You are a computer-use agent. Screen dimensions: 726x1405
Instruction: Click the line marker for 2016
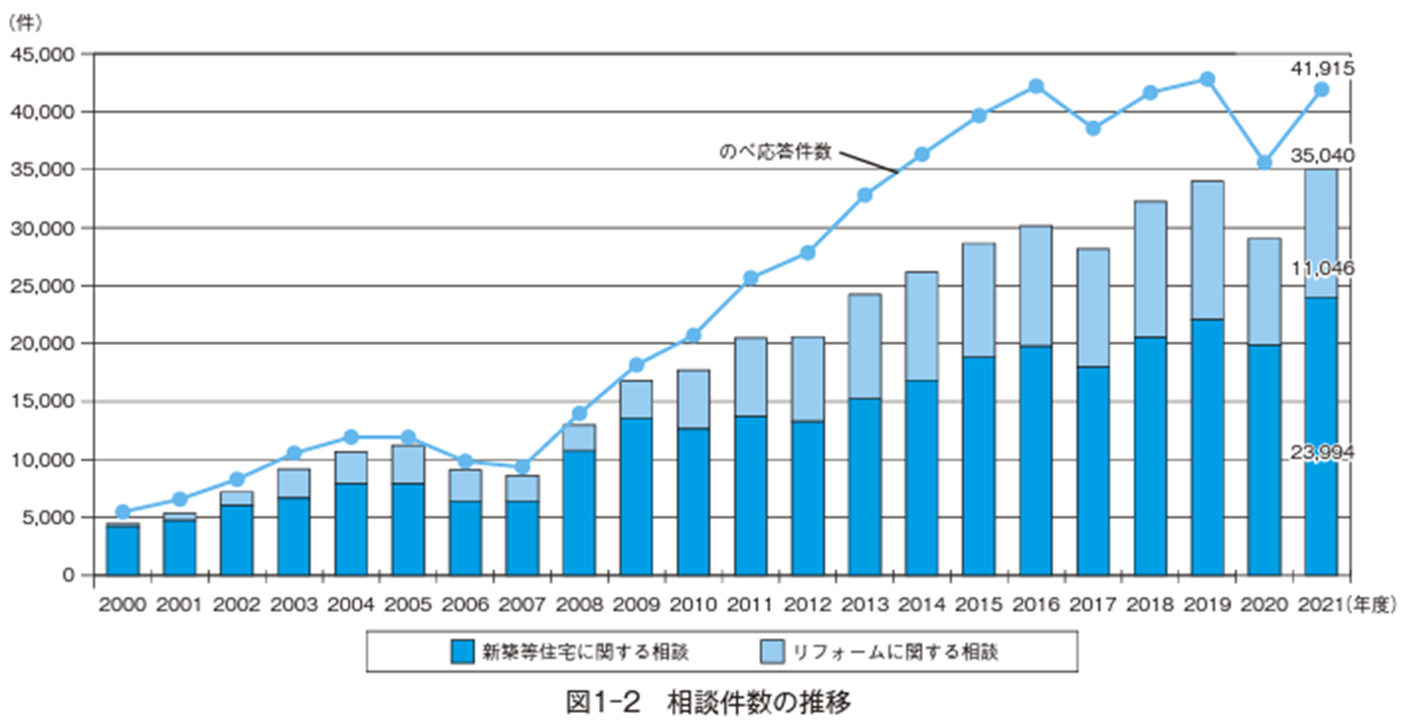pyautogui.click(x=1036, y=86)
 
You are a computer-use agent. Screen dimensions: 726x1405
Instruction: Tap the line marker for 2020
pyautogui.click(x=1264, y=162)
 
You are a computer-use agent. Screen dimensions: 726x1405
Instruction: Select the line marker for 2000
pyautogui.click(x=123, y=512)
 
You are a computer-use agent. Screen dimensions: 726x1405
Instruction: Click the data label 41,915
pyautogui.click(x=1322, y=68)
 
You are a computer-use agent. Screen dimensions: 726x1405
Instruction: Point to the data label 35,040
pyautogui.click(x=1322, y=156)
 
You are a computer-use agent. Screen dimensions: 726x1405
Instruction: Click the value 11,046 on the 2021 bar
pyautogui.click(x=1322, y=268)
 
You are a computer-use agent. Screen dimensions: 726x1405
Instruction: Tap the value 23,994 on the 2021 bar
pyautogui.click(x=1322, y=452)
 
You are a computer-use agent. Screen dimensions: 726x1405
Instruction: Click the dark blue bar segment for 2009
pyautogui.click(x=636, y=495)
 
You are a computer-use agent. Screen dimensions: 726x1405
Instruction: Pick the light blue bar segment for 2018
pyautogui.click(x=1150, y=269)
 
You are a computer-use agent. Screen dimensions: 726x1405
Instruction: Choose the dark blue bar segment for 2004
pyautogui.click(x=350, y=528)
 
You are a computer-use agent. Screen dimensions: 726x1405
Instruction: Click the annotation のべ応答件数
pyautogui.click(x=775, y=152)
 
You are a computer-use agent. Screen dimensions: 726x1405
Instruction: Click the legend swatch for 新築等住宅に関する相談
pyautogui.click(x=461, y=651)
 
